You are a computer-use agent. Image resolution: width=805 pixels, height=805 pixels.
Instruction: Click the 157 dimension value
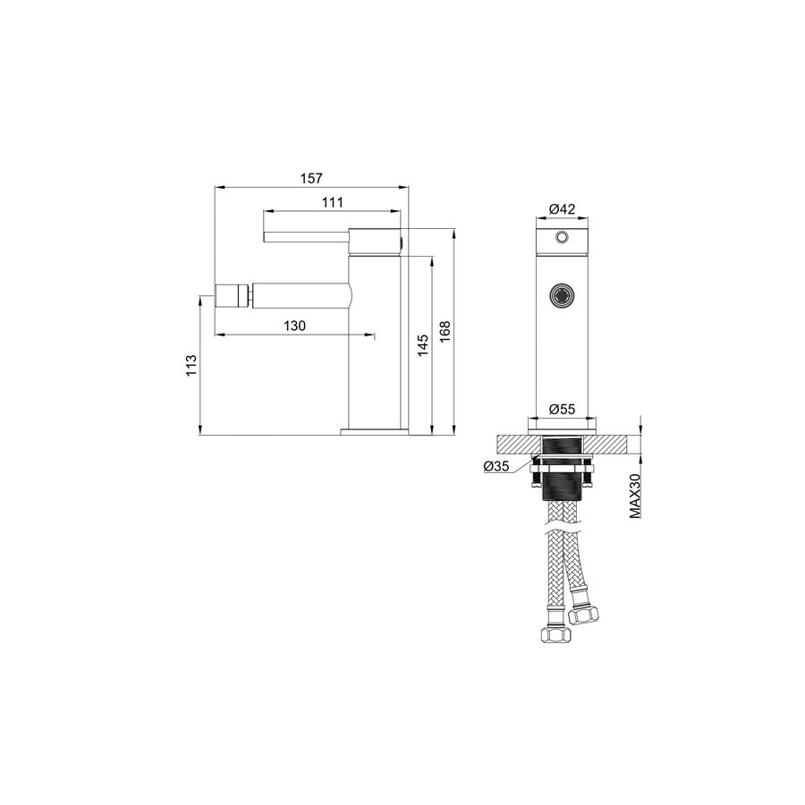tap(311, 178)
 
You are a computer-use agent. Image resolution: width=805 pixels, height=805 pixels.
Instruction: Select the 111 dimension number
tap(332, 202)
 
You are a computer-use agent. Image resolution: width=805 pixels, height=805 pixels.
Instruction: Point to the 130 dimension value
tap(294, 326)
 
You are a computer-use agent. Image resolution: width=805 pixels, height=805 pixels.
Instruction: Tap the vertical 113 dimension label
tap(191, 366)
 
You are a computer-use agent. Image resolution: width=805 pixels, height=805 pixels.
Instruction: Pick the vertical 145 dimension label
tap(422, 346)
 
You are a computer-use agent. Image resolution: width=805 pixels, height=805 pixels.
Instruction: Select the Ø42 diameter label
tap(563, 209)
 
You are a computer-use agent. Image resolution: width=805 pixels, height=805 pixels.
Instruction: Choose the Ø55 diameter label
tap(563, 409)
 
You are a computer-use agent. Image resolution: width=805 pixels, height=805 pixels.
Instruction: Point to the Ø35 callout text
tap(496, 466)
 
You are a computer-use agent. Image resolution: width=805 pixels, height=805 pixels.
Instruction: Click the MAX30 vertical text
tap(635, 496)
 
